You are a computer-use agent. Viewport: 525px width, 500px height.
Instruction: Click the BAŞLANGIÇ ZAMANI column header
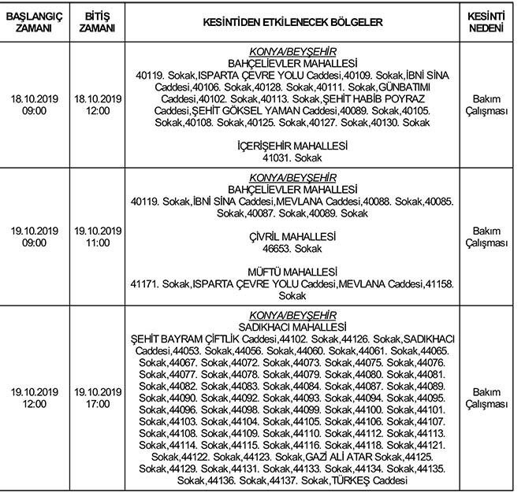coord(32,21)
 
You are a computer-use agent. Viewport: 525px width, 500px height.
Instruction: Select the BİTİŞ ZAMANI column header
coord(98,21)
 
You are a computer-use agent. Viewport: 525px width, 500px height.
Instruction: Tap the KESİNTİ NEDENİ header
coord(490,21)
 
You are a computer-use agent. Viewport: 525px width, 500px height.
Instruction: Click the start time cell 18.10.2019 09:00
coord(32,105)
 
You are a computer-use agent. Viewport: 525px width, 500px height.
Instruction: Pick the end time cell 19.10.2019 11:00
coord(98,236)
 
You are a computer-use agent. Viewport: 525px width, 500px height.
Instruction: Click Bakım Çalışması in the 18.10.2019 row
coord(490,106)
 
